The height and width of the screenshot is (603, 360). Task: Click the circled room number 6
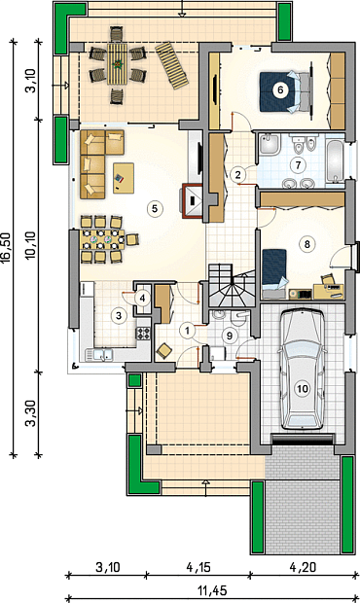click(x=280, y=90)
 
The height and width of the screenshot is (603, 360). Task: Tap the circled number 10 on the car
click(x=303, y=389)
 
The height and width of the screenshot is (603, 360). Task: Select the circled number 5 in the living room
click(x=155, y=208)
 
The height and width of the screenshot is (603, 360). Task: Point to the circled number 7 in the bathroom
click(x=298, y=165)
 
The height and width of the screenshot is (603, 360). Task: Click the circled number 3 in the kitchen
click(x=119, y=316)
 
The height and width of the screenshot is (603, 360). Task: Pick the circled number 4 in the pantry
click(x=143, y=298)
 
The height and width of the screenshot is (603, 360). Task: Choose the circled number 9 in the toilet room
click(x=230, y=336)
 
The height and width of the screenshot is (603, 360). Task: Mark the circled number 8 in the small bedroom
click(x=306, y=244)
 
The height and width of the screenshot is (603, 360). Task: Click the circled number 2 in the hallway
click(x=238, y=175)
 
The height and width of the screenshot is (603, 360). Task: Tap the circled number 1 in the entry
click(x=188, y=331)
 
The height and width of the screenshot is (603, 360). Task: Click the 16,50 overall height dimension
click(x=7, y=248)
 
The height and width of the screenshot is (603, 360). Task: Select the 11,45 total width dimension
click(x=212, y=590)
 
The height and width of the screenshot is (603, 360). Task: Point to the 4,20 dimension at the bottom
click(x=303, y=567)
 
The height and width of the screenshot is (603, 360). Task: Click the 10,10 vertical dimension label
click(x=31, y=245)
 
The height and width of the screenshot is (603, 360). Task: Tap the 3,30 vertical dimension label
click(x=31, y=413)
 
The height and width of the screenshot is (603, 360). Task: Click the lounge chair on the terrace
click(x=172, y=65)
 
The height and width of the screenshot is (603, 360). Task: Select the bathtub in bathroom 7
click(x=335, y=160)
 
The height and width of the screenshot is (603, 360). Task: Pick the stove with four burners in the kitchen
click(x=143, y=333)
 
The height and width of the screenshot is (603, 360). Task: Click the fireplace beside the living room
click(x=192, y=200)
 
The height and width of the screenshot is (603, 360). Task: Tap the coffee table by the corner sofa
click(x=124, y=178)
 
